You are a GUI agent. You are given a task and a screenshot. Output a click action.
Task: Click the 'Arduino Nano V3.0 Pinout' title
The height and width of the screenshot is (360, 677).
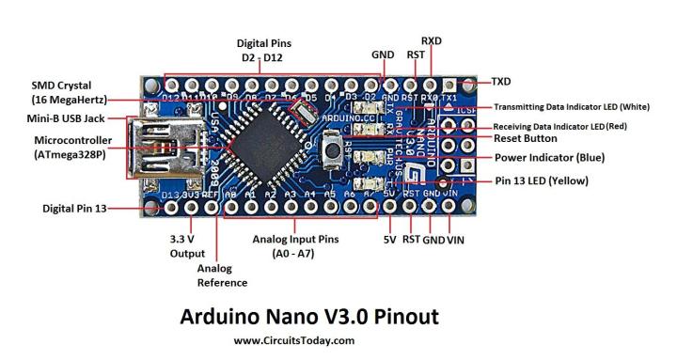[308, 316]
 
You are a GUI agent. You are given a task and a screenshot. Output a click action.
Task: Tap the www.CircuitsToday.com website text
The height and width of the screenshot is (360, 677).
[294, 341]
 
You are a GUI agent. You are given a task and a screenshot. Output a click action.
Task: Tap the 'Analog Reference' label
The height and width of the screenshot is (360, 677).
[221, 275]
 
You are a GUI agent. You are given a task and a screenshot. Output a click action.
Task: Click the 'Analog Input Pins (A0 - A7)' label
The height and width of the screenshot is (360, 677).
[293, 246]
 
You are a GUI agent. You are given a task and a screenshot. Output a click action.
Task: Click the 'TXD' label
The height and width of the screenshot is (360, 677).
[501, 82]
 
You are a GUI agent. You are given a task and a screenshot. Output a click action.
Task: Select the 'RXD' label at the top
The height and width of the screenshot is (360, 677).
[432, 40]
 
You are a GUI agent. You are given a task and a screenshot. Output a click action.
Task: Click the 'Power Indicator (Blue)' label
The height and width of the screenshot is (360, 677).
[550, 157]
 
